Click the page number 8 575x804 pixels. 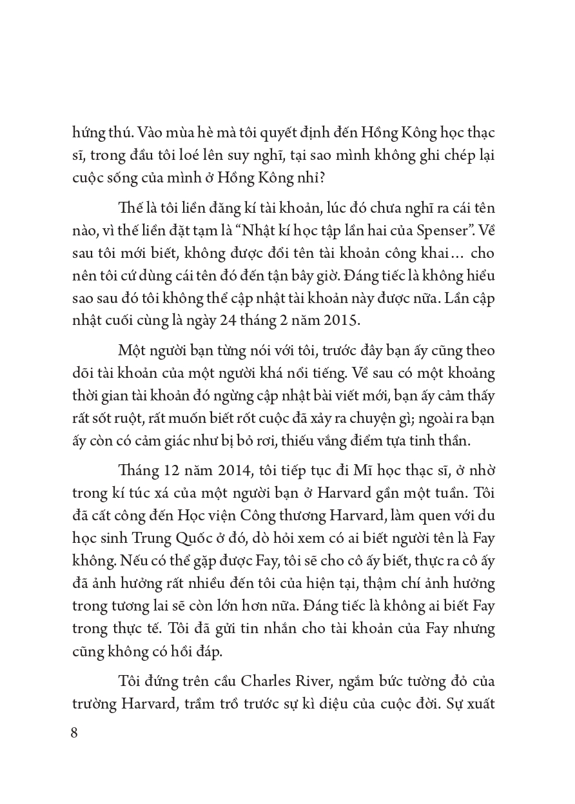click(x=73, y=733)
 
